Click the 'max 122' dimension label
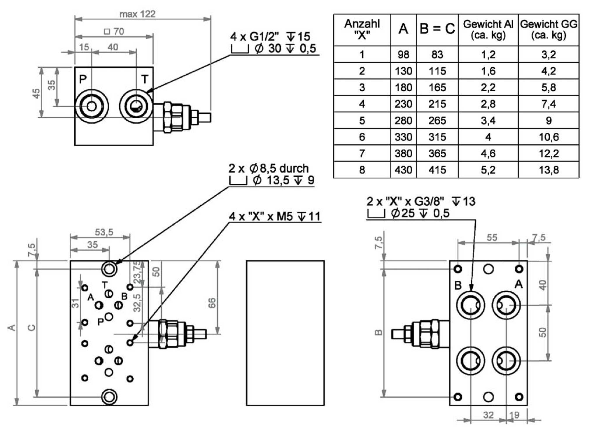pyautogui.click(x=137, y=14)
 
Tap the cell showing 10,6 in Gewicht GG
pyautogui.click(x=549, y=137)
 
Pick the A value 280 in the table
pyautogui.click(x=403, y=120)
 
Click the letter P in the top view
pyautogui.click(x=83, y=79)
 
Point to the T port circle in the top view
pyautogui.click(x=136, y=106)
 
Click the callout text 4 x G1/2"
pyautogui.click(x=254, y=37)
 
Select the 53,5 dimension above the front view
pyautogui.click(x=104, y=232)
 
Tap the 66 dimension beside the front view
pyautogui.click(x=212, y=303)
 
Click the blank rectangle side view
pyautogui.click(x=285, y=333)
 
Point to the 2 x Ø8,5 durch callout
pyautogui.click(x=268, y=169)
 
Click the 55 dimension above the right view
pyautogui.click(x=492, y=238)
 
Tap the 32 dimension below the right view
pyautogui.click(x=488, y=415)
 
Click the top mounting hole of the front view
pyautogui.click(x=109, y=268)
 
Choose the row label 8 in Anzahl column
pyautogui.click(x=362, y=170)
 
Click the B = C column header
pyautogui.click(x=437, y=29)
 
